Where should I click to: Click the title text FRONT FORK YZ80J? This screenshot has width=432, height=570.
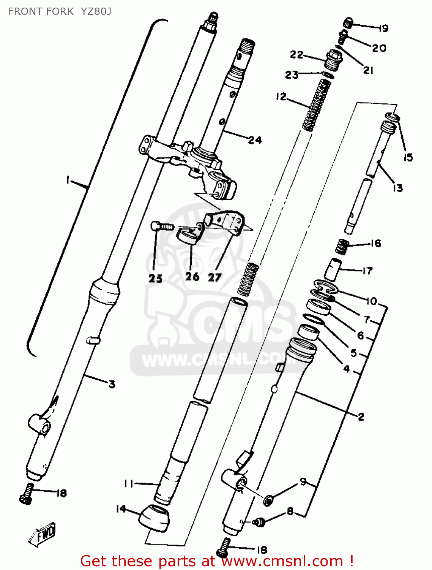coord(60,11)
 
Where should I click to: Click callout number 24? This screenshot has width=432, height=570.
coord(255,140)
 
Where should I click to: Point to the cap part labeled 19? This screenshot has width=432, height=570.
coord(348,23)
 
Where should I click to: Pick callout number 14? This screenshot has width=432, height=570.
coord(121,508)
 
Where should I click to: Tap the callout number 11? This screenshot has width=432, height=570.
coord(129,484)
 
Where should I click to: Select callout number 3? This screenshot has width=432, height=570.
coord(112,384)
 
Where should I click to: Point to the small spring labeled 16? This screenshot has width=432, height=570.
coord(342,247)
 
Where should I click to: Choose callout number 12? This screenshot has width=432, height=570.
coord(281,97)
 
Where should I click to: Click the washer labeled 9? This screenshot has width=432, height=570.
coord(269,500)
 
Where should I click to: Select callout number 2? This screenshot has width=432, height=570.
coord(361,416)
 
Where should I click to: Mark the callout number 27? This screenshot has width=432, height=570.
coord(214,277)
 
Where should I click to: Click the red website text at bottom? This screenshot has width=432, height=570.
coord(217,561)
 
